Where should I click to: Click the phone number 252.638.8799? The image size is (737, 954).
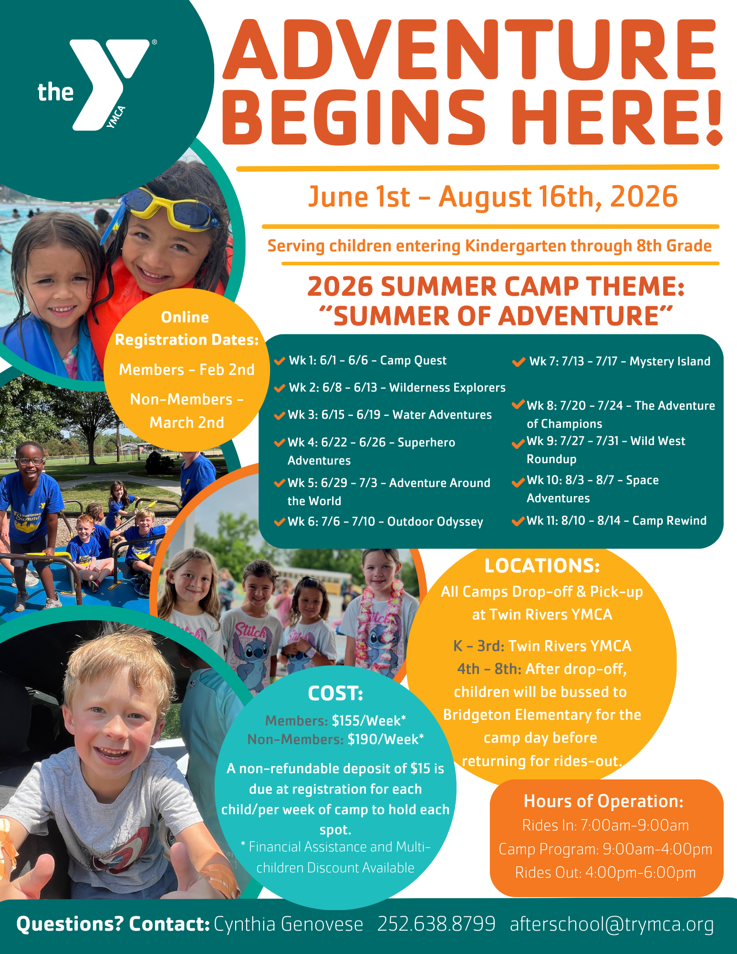pos(436,924)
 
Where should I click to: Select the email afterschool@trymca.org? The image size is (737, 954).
pos(612,924)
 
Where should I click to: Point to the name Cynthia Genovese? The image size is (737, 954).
pos(289,924)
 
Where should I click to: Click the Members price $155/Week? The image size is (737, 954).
pos(369,720)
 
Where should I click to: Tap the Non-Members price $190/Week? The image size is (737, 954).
pos(385,739)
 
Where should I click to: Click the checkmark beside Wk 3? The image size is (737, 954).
pos(280,415)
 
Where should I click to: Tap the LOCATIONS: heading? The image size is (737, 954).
pos(542,566)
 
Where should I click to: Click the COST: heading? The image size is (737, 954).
pos(335,694)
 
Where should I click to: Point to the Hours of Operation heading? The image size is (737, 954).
pos(603,801)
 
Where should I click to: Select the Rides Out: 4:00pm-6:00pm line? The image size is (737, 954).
pos(605,872)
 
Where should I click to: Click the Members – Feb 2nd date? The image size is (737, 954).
pos(187,370)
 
